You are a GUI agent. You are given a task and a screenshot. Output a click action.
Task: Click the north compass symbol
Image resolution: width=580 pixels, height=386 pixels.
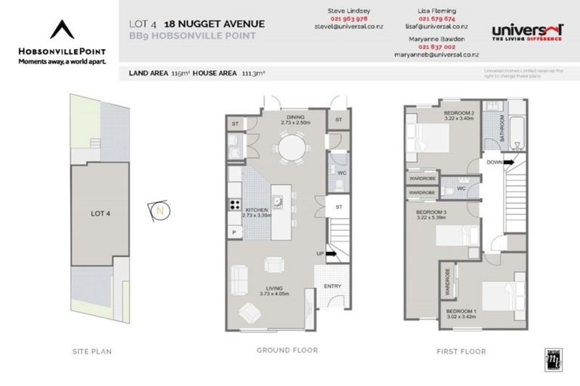click(x=159, y=211)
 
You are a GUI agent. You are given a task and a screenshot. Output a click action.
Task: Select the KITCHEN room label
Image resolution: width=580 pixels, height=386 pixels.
click(x=255, y=209)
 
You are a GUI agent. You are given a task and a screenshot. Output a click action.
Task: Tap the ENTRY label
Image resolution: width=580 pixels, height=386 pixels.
click(x=332, y=286)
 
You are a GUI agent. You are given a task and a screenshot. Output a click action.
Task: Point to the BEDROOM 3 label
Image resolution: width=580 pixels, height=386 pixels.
click(x=432, y=213)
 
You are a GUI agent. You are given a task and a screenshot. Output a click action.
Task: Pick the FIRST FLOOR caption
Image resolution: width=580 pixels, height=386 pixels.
click(x=461, y=351)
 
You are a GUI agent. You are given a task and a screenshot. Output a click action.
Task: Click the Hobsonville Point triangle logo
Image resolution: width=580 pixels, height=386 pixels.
click(x=62, y=31)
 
